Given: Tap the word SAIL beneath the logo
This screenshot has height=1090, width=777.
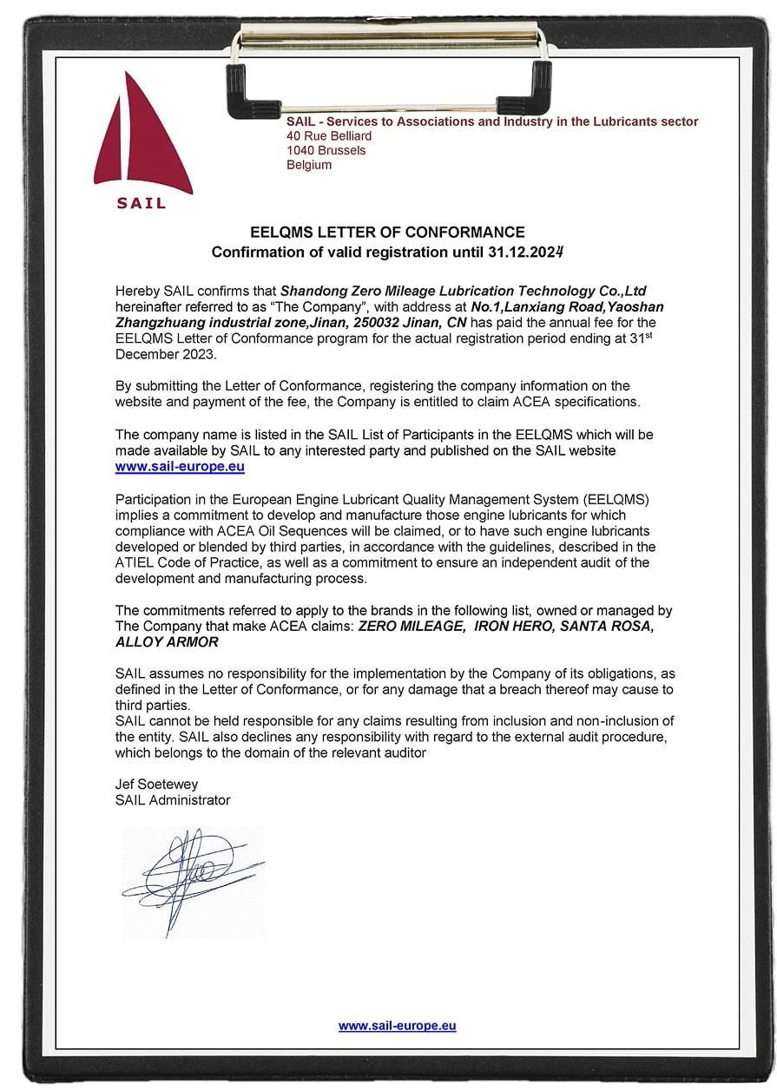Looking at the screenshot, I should point(141,204).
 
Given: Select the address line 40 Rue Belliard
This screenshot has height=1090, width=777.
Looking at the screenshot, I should point(329,136).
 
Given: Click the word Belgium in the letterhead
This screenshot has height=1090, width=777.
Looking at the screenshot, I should point(309,165).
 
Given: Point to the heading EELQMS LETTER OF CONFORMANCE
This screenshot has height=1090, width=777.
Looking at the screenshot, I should point(387,233).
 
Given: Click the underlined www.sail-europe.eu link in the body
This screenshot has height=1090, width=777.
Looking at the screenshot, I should point(180,466).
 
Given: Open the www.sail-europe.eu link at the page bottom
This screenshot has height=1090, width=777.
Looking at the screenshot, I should point(397,1026).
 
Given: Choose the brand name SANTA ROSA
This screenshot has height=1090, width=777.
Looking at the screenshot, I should point(608,627).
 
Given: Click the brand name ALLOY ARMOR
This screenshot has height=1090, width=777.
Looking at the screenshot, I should point(167,642).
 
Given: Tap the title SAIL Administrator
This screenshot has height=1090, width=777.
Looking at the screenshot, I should point(173,800).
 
